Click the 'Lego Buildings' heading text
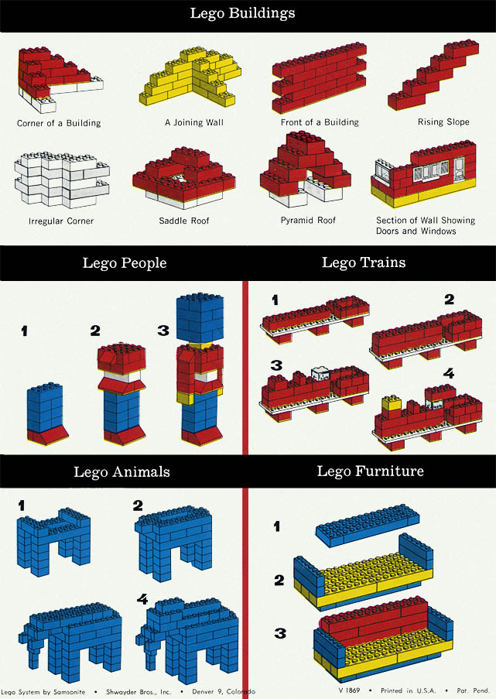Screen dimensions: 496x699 tap(242, 13)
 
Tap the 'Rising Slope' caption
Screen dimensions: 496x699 tap(443, 122)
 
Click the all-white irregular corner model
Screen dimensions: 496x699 tap(61, 180)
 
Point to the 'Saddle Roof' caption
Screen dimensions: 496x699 tap(183, 221)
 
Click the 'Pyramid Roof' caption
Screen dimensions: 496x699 tap(308, 220)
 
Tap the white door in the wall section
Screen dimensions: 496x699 tap(459, 168)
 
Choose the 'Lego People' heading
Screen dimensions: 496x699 tap(125, 263)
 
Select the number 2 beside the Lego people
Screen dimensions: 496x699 tap(95, 331)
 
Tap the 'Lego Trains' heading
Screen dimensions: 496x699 tap(364, 262)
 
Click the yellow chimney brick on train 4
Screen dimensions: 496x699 tap(391, 403)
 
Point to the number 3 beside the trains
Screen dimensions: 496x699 tap(276, 365)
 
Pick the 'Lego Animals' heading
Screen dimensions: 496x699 tap(121, 472)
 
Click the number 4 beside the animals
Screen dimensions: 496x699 tap(142, 599)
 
